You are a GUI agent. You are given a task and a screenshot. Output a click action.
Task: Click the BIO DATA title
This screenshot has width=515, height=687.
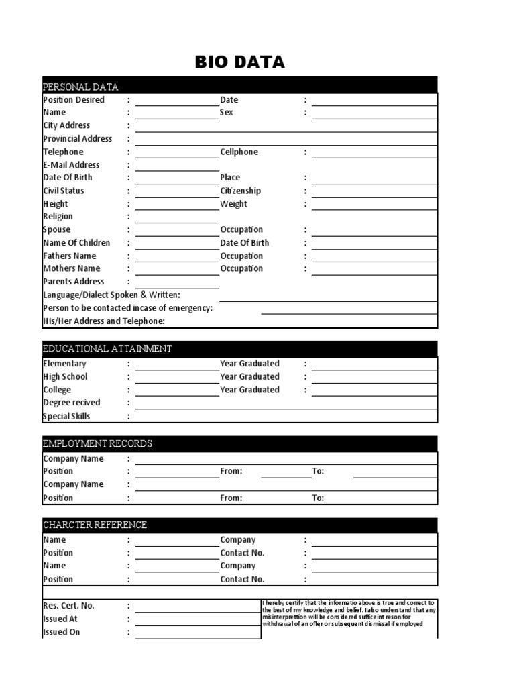coord(239,62)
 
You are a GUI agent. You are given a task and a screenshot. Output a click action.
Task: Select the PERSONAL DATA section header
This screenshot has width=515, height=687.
coord(80,87)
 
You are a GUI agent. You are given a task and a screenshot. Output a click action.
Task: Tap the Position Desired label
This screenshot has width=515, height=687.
coord(74,99)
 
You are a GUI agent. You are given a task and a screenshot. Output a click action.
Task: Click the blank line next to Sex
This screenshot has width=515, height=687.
coord(374,115)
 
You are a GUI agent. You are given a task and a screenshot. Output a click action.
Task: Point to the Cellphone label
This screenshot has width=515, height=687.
coord(239,152)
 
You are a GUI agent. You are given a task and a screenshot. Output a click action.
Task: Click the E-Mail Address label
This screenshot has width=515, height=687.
coord(71,164)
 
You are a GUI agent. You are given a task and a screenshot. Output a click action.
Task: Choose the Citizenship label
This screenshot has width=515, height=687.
coord(241,191)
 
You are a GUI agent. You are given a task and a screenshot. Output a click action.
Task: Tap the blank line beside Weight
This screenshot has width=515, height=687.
coord(374,206)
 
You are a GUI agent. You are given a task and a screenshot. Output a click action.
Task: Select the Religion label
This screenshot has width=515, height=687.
coord(58,217)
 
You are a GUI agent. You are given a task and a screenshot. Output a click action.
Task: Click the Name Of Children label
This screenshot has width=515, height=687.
coord(76,242)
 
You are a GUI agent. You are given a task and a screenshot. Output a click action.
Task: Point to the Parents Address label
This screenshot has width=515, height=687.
coord(74,282)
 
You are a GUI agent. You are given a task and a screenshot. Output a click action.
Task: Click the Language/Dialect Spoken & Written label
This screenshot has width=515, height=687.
coord(111,295)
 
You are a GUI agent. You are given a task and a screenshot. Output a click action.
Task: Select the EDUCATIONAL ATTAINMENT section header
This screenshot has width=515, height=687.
coord(107,348)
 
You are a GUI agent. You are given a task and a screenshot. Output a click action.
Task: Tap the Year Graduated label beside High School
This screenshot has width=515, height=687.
coord(249,376)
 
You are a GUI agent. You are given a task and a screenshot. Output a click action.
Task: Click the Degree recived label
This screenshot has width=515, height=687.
coord(72,403)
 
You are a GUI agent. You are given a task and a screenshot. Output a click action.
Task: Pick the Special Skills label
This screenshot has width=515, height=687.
coord(66,416)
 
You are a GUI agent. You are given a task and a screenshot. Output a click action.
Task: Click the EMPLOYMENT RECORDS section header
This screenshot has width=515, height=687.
coord(97,443)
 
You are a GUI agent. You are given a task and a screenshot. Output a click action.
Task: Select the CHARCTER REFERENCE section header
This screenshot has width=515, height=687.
coord(95,524)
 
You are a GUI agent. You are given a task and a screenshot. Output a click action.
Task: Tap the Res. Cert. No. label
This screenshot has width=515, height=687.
coord(69,606)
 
